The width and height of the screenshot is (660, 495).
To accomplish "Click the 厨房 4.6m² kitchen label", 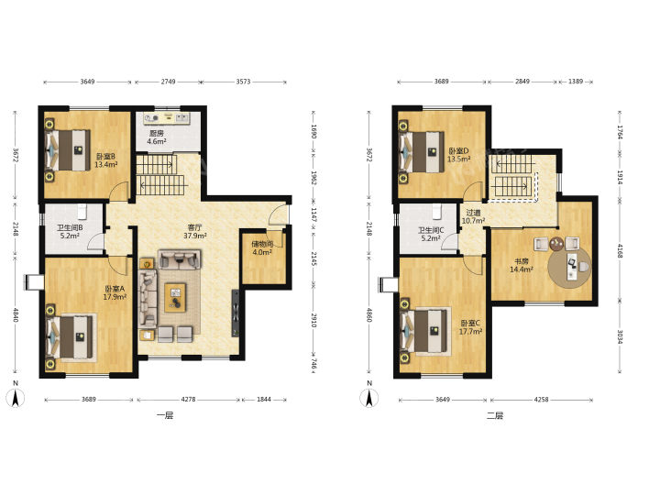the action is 156,137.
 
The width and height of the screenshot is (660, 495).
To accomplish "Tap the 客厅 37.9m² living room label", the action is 195,232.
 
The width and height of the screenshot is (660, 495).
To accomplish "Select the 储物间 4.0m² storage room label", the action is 262,247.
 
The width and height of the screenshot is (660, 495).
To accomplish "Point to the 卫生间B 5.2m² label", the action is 70,232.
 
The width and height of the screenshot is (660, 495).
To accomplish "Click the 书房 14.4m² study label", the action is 521,265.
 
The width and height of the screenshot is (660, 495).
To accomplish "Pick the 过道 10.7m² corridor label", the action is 474,216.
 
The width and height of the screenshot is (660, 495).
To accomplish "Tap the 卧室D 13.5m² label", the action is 458,155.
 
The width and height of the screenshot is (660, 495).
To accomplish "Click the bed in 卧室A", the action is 71,337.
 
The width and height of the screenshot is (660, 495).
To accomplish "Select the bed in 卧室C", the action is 425,331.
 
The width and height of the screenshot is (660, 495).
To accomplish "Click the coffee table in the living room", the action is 175,298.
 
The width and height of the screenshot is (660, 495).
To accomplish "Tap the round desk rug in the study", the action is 569,267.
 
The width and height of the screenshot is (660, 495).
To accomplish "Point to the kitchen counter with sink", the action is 166,118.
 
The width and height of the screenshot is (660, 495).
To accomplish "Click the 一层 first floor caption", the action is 165,416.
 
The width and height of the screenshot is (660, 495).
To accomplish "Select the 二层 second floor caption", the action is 495,416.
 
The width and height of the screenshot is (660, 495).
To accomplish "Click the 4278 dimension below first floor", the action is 188,399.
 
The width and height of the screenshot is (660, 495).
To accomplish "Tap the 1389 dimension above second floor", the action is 576,82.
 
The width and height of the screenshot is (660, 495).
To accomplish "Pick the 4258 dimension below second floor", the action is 542,399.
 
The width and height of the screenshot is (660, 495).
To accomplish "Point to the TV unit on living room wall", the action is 236,313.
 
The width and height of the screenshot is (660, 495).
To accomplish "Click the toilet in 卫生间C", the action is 436,212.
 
